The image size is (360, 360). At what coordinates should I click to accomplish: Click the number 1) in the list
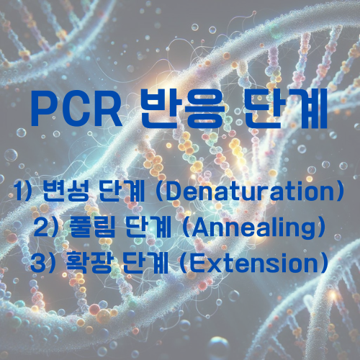[x=27, y=193]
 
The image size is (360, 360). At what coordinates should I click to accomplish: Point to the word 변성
[x=69, y=193]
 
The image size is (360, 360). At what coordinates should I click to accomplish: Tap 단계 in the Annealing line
[x=147, y=227]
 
